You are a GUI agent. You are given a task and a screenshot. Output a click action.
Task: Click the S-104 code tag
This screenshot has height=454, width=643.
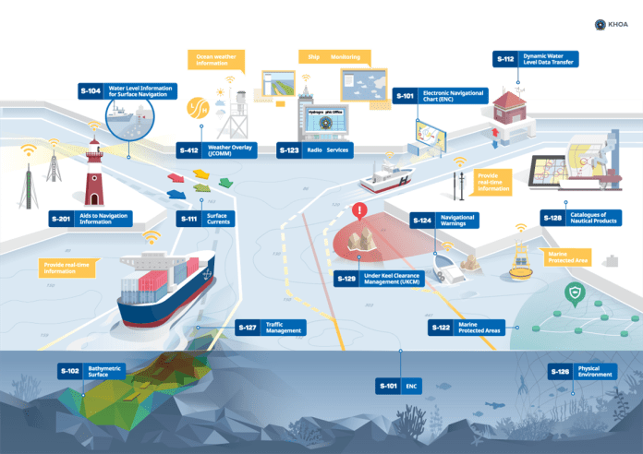(x=90, y=90)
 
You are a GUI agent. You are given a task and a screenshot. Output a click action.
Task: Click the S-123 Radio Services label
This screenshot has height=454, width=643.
(x=314, y=149)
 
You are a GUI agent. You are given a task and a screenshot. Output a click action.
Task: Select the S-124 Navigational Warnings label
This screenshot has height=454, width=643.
(x=444, y=221)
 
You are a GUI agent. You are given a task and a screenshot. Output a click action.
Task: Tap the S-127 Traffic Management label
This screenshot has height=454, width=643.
(x=269, y=328)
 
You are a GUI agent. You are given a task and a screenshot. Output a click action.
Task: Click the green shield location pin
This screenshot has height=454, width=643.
(x=573, y=295)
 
